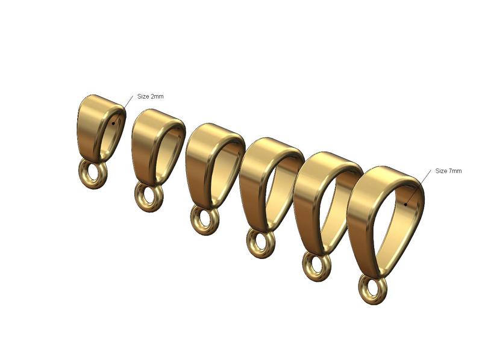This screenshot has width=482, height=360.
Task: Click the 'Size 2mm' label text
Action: (x=150, y=96)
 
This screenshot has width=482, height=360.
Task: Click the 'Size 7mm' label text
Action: (x=448, y=171)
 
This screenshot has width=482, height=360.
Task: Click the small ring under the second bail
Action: (x=148, y=197)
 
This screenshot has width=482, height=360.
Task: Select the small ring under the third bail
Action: (x=205, y=220)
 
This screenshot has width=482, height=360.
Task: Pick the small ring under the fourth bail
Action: (x=260, y=244)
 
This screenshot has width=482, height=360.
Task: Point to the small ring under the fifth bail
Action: (x=316, y=267)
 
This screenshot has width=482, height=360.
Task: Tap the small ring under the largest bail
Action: (x=372, y=290)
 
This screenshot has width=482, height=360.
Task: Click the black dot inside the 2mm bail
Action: (x=113, y=124)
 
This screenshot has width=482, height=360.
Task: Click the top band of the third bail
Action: (x=214, y=131)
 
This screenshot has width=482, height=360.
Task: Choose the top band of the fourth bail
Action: (x=271, y=146)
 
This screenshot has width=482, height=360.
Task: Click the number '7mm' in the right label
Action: (x=455, y=171)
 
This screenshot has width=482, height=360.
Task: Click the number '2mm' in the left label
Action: (x=157, y=96)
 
